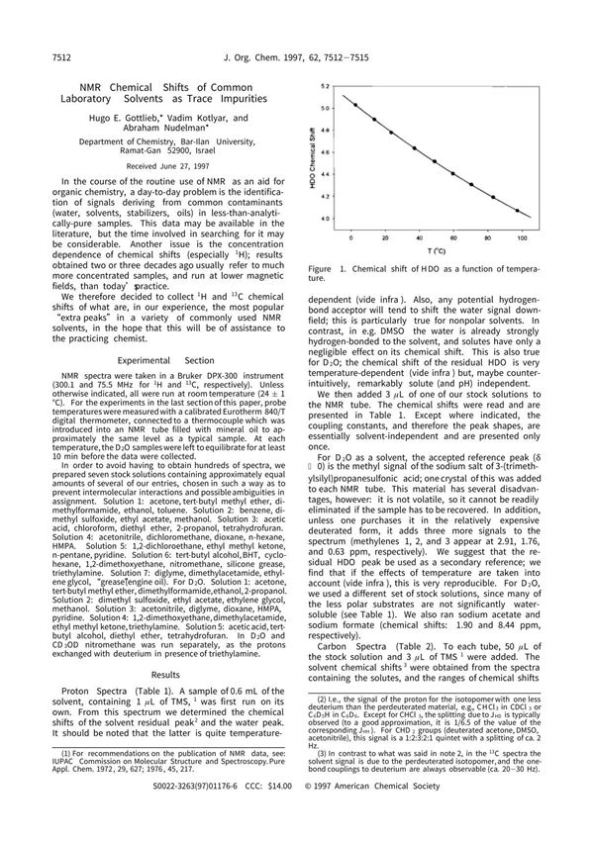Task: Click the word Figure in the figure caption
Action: pyautogui.click(x=320, y=269)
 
